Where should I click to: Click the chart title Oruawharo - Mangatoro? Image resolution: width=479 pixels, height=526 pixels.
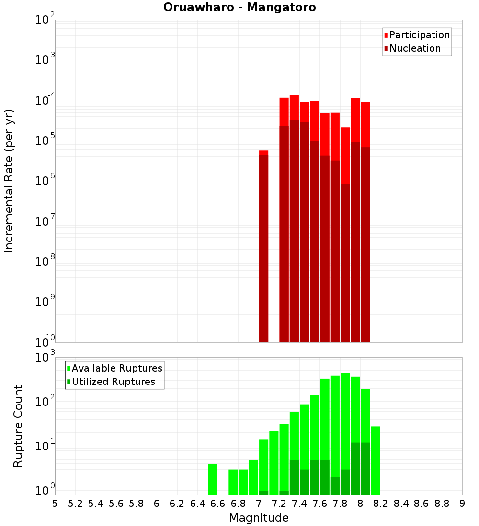(x=239, y=8)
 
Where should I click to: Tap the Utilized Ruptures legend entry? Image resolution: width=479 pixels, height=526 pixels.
(x=113, y=382)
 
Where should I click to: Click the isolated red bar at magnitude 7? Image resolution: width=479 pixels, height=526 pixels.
(x=263, y=246)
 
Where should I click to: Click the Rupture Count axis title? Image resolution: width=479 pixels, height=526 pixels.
(x=18, y=426)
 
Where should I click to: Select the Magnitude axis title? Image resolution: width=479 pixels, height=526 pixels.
(x=259, y=518)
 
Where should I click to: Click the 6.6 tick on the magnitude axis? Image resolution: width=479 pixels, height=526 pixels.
(x=218, y=504)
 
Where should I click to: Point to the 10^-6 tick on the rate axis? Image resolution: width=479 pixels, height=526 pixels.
(x=45, y=181)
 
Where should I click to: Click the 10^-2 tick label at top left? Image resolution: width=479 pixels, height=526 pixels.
(x=45, y=20)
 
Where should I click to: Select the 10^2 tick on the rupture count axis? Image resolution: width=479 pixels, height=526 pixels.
(x=45, y=401)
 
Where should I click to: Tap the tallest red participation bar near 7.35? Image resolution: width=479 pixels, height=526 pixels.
(x=294, y=108)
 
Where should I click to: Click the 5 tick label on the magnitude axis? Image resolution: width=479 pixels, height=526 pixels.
(x=55, y=504)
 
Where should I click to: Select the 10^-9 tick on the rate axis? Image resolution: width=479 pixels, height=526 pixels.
(x=45, y=302)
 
